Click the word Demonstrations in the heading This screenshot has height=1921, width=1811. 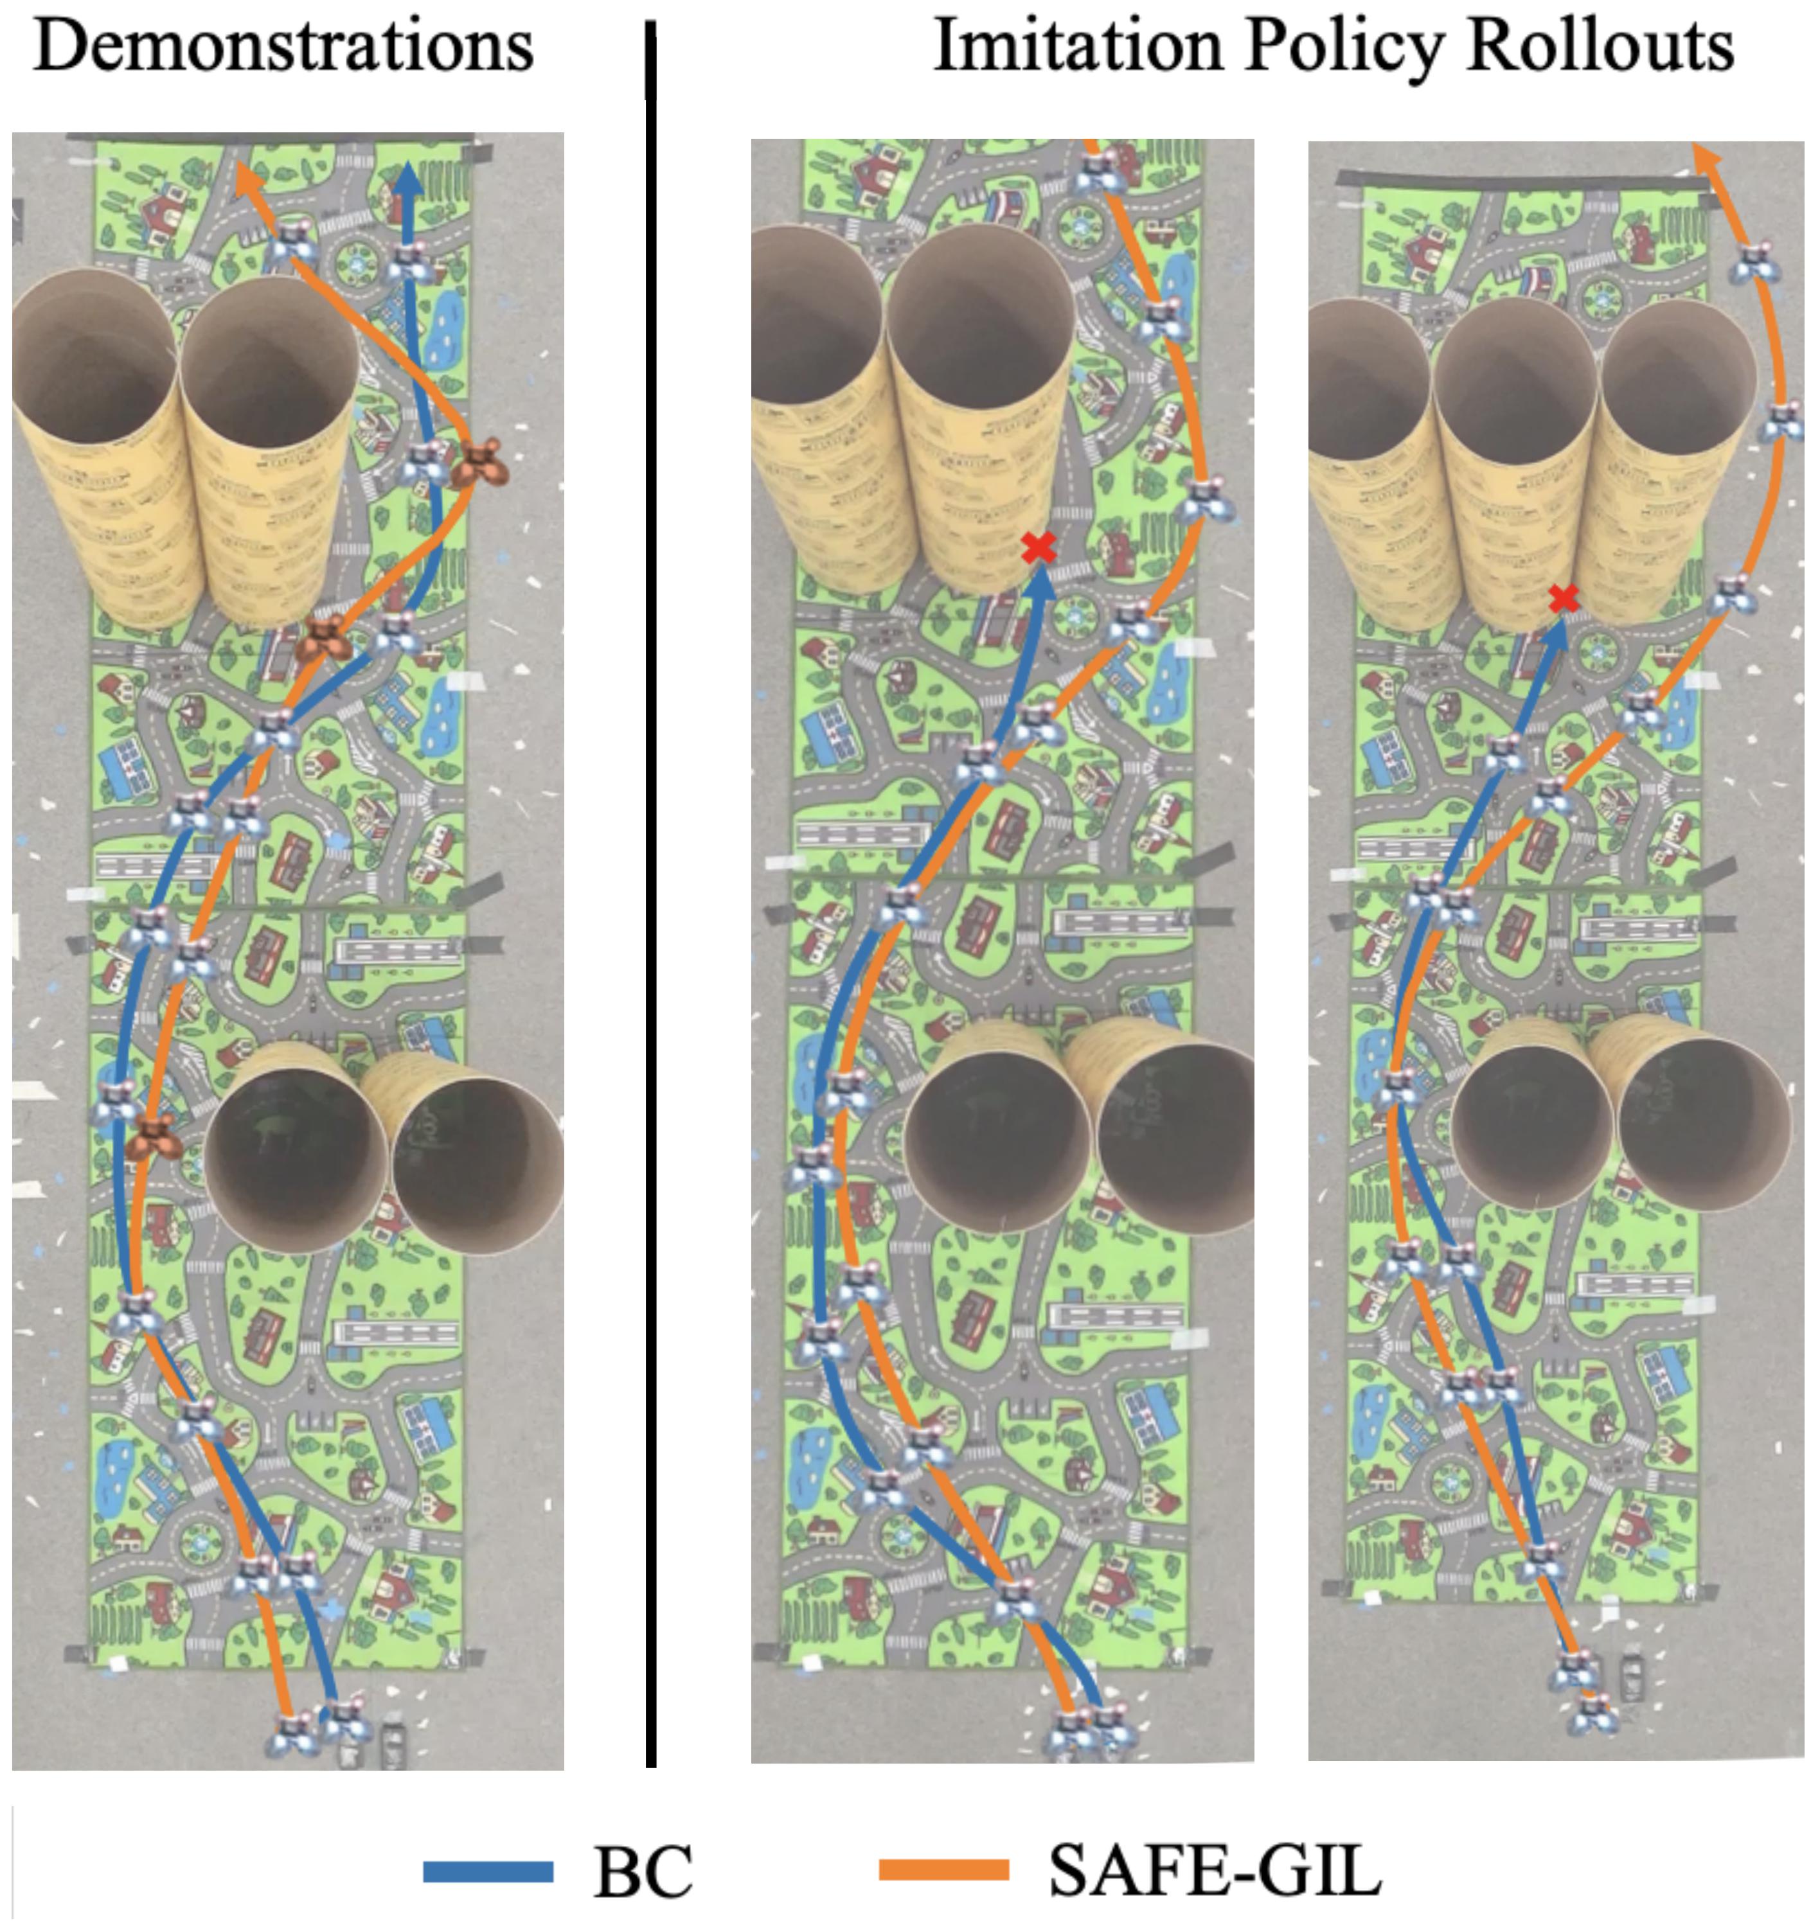(283, 46)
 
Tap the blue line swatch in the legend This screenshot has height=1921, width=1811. (488, 1872)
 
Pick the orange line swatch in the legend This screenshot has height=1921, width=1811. (944, 1872)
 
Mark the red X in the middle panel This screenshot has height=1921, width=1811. (1039, 548)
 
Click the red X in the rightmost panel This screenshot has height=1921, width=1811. (1564, 599)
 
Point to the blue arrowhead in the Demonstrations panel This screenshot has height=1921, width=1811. (408, 179)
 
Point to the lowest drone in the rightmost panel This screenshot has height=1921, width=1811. (1592, 1712)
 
